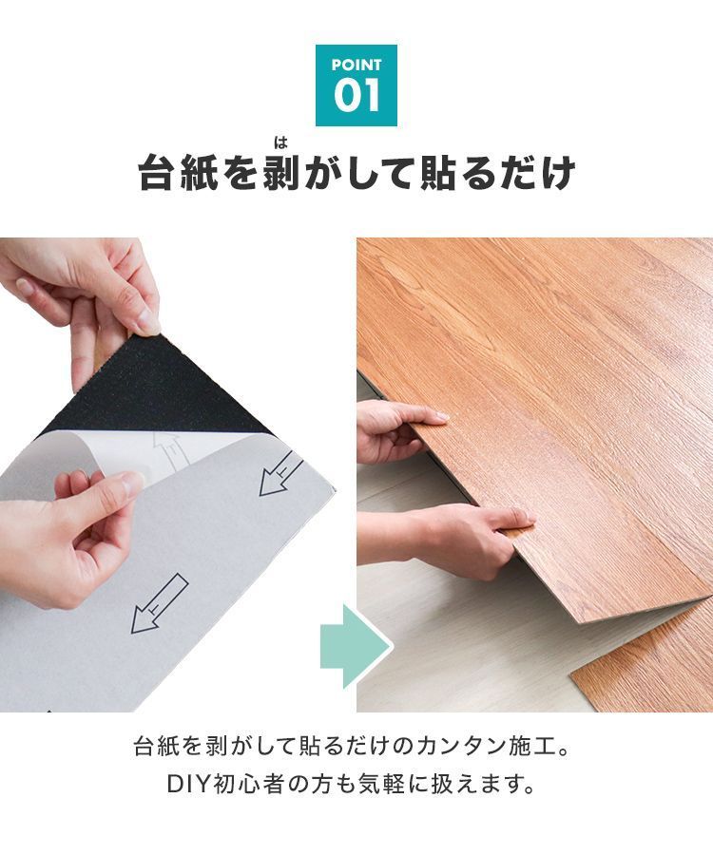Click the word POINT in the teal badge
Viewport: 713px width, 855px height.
point(356,66)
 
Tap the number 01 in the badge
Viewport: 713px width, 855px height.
point(356,96)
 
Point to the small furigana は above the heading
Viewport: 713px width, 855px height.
point(279,143)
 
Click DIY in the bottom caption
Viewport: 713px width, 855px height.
point(189,786)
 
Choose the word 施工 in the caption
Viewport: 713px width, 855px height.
point(536,744)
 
